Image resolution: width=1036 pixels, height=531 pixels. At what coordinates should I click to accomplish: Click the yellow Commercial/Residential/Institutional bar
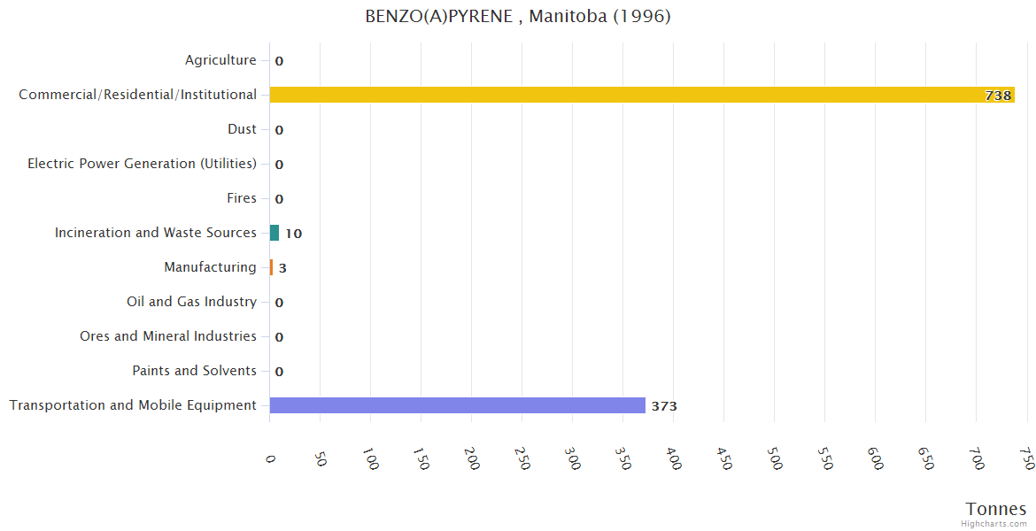click(642, 95)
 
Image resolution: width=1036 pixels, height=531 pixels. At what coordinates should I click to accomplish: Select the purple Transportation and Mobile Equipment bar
click(457, 405)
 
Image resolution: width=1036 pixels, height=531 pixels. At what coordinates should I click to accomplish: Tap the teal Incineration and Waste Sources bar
click(274, 233)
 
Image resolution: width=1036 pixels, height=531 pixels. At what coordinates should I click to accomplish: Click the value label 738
click(998, 96)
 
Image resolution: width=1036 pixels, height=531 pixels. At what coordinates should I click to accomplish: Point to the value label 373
click(664, 406)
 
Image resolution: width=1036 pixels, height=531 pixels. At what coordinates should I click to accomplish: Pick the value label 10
click(293, 234)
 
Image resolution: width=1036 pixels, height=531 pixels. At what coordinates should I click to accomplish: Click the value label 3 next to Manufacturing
click(282, 268)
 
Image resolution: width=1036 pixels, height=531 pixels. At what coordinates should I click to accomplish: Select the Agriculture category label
click(220, 60)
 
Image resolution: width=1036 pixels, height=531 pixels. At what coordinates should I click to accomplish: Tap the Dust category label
click(242, 129)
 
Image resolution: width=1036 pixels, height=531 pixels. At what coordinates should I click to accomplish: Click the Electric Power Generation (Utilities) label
click(142, 164)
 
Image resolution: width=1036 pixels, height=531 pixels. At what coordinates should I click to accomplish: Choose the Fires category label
click(241, 198)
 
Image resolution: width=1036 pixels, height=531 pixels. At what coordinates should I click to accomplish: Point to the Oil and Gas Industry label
click(191, 302)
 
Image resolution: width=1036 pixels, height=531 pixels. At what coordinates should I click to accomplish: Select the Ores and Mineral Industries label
click(168, 336)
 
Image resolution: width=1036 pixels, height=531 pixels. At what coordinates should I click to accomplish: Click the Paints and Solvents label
click(194, 371)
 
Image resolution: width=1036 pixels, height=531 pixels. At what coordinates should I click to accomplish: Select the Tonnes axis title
click(996, 509)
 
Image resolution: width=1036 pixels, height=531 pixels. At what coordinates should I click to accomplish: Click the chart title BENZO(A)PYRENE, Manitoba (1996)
click(518, 17)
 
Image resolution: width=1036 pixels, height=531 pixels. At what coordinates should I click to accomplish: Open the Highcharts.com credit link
click(994, 524)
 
